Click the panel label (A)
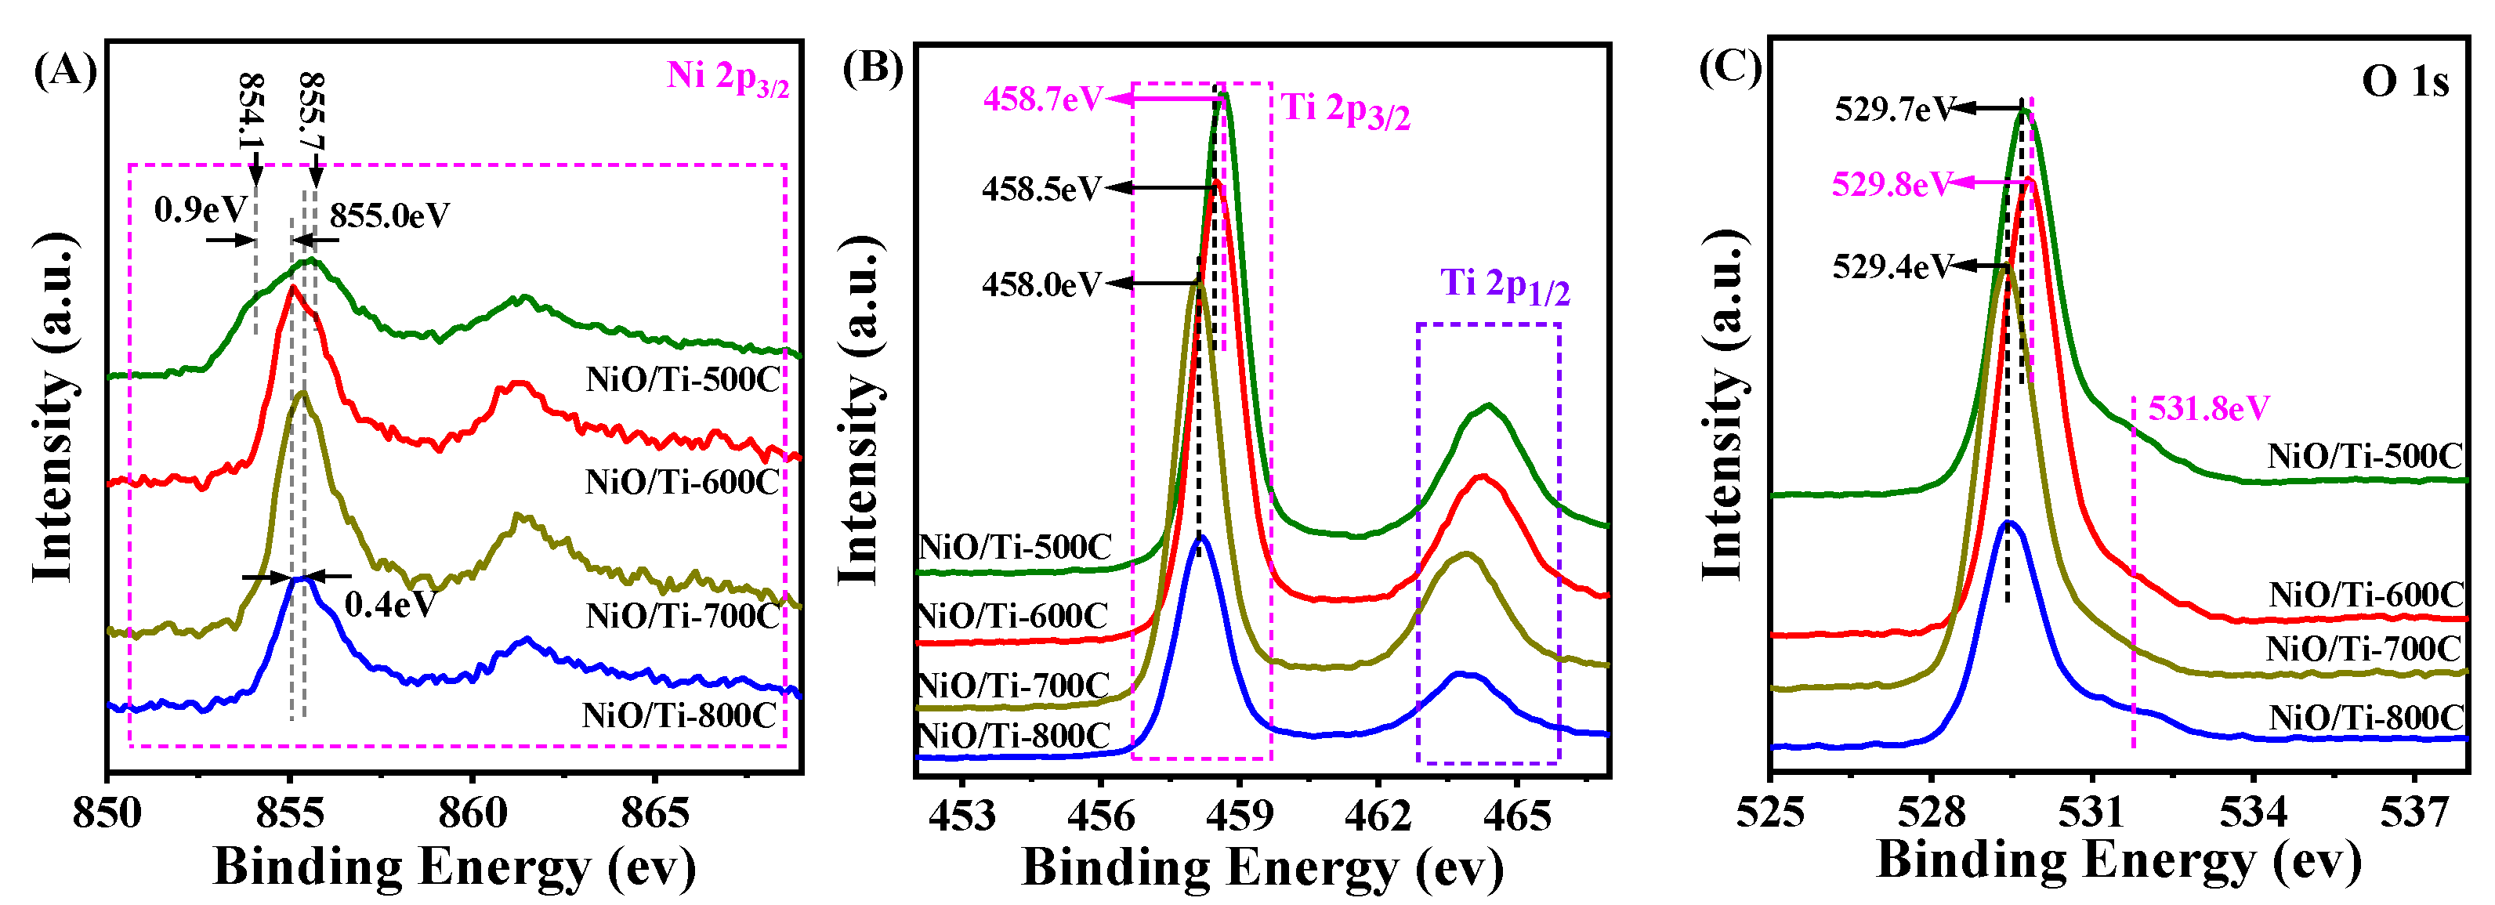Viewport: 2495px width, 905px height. pos(65,72)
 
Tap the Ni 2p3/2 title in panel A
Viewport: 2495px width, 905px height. pos(727,78)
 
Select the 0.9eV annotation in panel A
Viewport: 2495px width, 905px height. pos(200,209)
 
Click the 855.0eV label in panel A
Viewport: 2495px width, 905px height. pos(389,215)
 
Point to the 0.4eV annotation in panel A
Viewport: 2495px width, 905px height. pos(390,605)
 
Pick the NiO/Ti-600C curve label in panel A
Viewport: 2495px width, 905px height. pos(683,482)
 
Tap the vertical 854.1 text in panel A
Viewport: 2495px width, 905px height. pos(251,112)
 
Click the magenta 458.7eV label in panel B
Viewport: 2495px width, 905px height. pos(1042,99)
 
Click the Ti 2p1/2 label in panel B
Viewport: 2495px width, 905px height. pos(1505,285)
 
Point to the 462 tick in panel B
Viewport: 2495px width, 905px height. pos(1378,816)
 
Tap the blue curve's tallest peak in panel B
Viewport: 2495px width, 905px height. pos(1200,537)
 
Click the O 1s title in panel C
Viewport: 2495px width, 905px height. pos(2404,81)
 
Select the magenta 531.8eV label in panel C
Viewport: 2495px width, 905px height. pos(2208,409)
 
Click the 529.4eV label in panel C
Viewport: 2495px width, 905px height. pos(1891,266)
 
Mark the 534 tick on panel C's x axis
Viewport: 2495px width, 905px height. pos(2253,812)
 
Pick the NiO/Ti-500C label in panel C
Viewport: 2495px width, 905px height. pos(2364,456)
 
